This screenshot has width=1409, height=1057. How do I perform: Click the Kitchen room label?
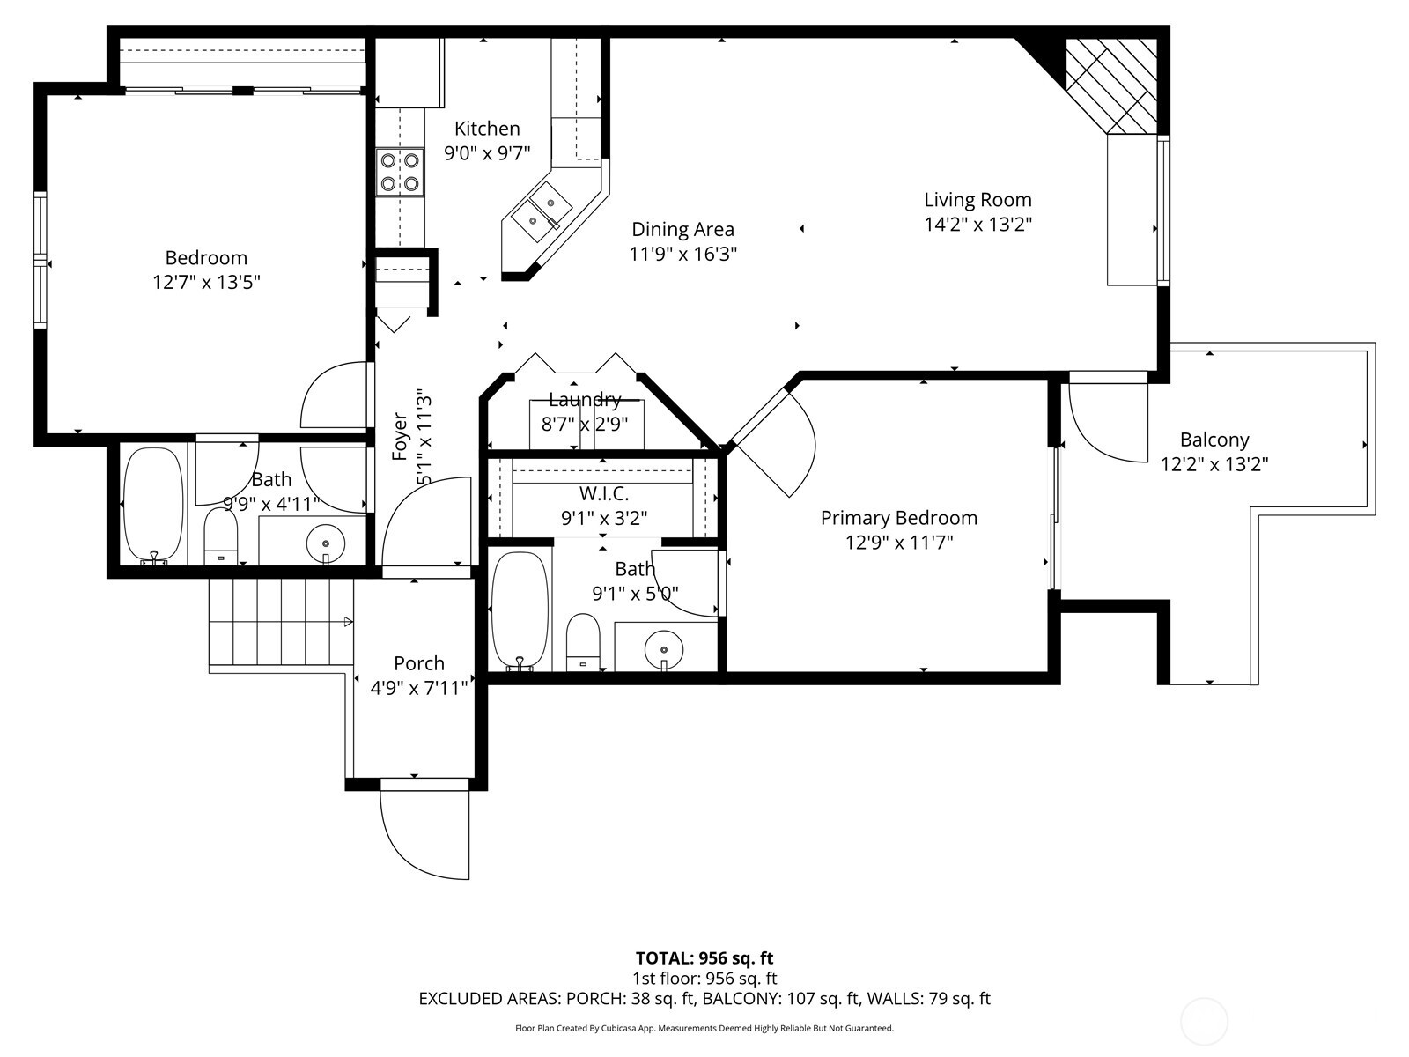[x=487, y=129]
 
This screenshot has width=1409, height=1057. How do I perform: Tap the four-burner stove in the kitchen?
[x=399, y=173]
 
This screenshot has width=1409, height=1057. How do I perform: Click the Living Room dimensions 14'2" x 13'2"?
[x=977, y=225]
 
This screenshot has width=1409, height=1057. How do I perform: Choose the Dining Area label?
[x=682, y=230]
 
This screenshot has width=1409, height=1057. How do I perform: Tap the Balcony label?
[x=1214, y=440]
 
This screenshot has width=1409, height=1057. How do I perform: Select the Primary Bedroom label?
[x=898, y=518]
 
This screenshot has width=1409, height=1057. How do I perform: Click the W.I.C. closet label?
[x=603, y=494]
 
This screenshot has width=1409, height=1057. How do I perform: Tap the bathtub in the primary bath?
[x=520, y=610]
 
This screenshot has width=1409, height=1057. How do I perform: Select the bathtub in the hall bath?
[x=153, y=506]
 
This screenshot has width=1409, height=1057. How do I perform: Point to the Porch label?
[x=418, y=663]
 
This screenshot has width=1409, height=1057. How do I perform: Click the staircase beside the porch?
[x=280, y=622]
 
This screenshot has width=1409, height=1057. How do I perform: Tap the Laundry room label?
[x=584, y=400]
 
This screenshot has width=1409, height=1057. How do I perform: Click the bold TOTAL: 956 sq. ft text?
[x=704, y=957]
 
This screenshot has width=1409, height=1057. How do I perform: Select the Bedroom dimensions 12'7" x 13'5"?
[x=206, y=282]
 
